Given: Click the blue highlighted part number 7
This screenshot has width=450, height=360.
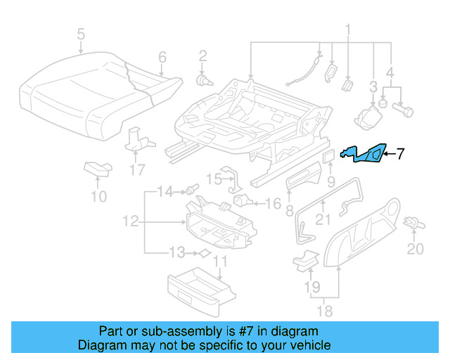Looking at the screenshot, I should click(x=363, y=153).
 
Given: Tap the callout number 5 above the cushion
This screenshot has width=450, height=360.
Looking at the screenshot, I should click(x=81, y=33).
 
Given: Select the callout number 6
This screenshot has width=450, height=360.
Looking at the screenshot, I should click(x=162, y=57).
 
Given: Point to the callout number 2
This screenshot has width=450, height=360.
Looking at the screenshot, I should click(x=202, y=56).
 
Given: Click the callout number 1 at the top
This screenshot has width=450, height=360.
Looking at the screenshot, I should click(x=347, y=29).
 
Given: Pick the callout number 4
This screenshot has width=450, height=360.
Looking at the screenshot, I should click(x=390, y=71).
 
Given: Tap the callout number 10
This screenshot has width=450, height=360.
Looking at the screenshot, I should click(x=99, y=196).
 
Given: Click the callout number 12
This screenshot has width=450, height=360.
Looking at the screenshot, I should click(x=129, y=221).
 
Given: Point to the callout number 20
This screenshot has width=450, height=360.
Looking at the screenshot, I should click(x=416, y=249).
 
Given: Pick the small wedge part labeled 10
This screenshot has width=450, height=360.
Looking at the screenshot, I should click(x=97, y=167).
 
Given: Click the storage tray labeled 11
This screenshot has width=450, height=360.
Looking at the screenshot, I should click(x=200, y=289).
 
